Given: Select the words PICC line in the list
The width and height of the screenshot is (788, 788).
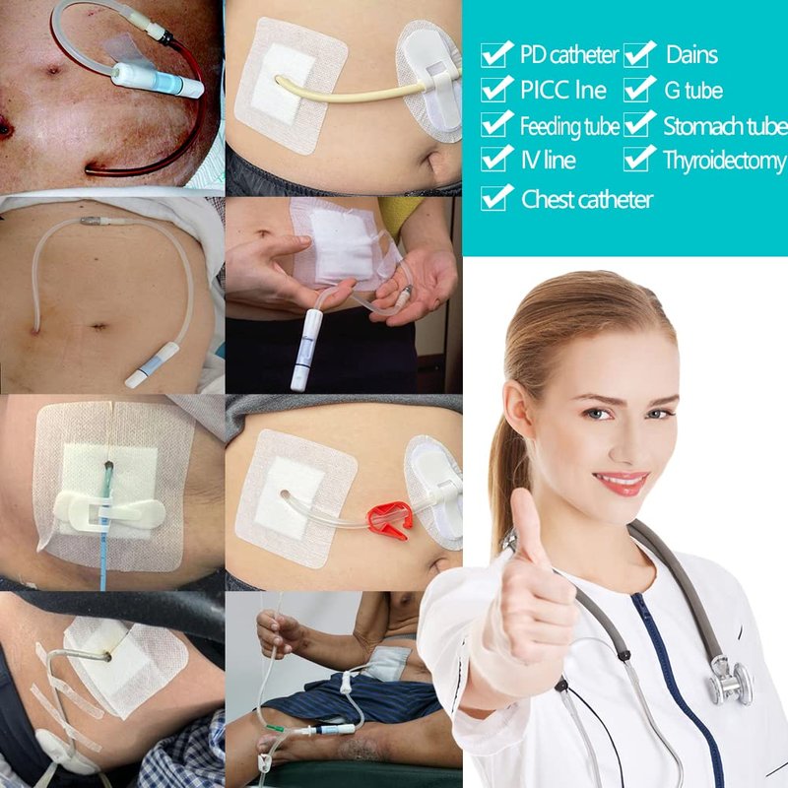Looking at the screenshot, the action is pos(563,90).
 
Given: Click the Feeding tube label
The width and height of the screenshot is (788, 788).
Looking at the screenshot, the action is pos(569,126).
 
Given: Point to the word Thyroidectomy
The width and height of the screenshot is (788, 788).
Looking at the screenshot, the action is pos(724,162).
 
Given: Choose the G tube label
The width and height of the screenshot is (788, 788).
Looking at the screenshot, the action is pos(693,91).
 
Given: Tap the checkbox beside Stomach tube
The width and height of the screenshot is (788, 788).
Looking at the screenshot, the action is pos(639,124).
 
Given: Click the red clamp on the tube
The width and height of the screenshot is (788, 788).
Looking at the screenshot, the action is pos(390,520).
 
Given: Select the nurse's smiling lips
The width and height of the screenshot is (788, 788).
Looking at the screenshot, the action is pos(622,483).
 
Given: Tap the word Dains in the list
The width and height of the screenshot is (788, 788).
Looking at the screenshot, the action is pos(691,55).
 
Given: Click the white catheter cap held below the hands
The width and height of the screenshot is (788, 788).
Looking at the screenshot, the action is pos(302,350).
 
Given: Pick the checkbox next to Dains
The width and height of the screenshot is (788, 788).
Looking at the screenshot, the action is pos(639,54).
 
